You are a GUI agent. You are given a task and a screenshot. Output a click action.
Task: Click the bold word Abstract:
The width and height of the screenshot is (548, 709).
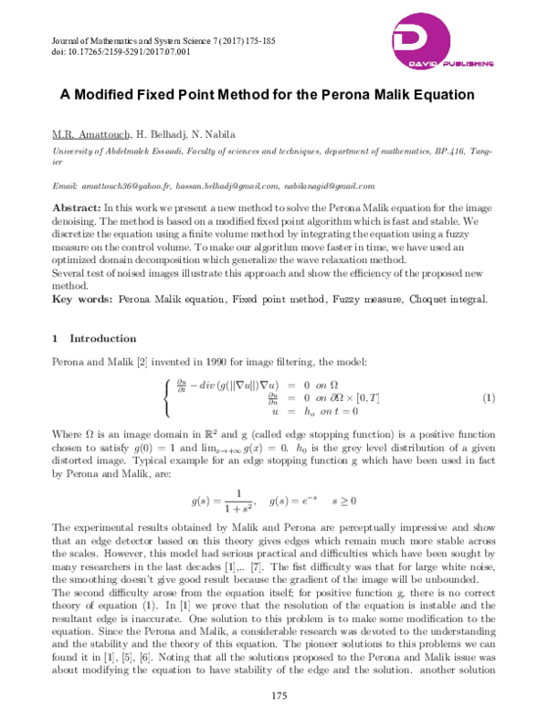click(x=77, y=208)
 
